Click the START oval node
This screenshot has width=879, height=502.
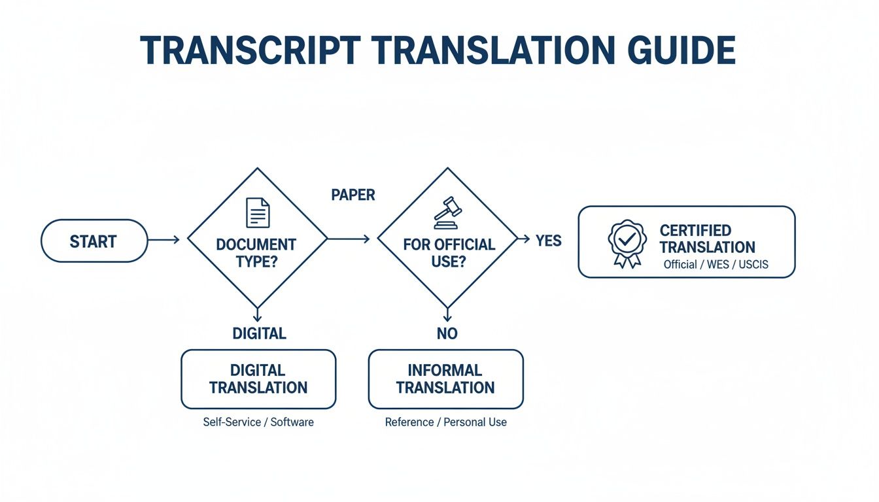click(94, 241)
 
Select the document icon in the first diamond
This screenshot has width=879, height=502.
click(257, 213)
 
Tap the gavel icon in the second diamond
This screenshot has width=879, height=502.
click(447, 213)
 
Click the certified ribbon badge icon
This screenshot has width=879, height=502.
click(627, 243)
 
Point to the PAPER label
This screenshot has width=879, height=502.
click(353, 195)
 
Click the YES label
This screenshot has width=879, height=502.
click(549, 241)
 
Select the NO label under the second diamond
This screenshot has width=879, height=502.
click(447, 333)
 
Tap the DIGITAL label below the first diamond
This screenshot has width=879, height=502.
click(259, 333)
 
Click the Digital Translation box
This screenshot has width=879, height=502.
click(258, 379)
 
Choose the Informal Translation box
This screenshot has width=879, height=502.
click(446, 379)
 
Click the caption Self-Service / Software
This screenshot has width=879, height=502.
click(258, 422)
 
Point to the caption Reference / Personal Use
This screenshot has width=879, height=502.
click(446, 422)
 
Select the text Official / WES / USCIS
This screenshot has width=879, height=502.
click(716, 265)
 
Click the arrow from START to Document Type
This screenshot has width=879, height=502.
click(164, 240)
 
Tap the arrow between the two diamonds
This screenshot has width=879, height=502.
click(349, 239)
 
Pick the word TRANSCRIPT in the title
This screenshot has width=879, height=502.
click(250, 50)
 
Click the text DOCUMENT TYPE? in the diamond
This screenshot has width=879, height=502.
click(256, 253)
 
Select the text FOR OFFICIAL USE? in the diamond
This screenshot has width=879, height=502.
click(449, 253)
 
